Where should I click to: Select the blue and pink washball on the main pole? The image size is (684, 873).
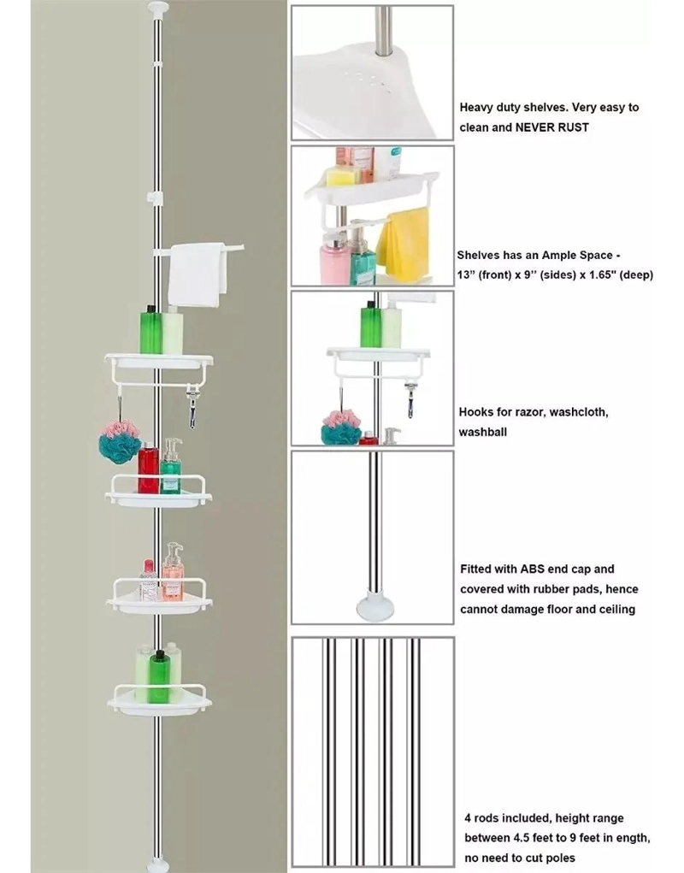tap(120, 441)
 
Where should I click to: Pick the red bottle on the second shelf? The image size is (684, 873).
tap(148, 469)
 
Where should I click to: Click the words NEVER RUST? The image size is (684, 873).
tap(551, 127)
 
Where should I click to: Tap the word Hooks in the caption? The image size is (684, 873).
tap(475, 412)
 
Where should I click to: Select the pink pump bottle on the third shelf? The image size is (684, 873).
tap(173, 572)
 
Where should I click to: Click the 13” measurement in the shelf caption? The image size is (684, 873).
tap(465, 275)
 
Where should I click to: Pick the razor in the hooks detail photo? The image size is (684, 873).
tap(410, 398)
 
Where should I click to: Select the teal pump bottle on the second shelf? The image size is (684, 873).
tap(171, 467)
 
